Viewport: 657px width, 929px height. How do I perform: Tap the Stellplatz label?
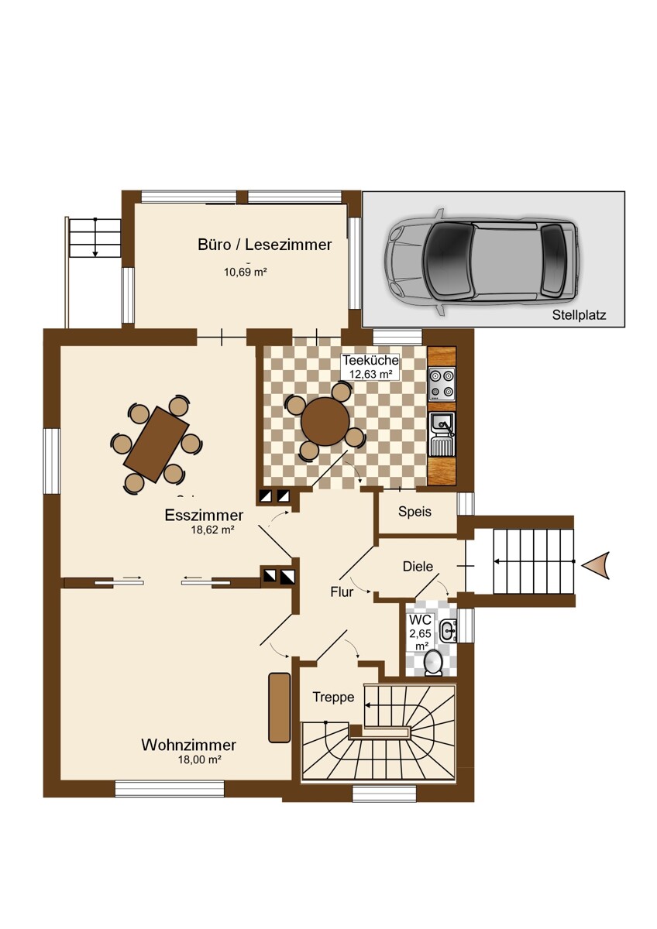579,315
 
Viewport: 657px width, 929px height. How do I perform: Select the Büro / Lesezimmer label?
265,245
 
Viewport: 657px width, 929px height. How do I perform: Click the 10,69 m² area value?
246,272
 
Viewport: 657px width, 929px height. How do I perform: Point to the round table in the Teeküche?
325,422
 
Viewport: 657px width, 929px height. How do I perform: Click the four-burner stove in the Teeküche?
442,385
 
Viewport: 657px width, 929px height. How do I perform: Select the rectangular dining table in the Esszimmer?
157,444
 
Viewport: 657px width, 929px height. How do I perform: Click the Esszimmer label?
204,516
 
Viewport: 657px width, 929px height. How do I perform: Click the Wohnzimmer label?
188,745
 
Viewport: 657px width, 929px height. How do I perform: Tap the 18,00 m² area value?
200,760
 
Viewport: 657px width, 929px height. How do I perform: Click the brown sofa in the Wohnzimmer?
279,707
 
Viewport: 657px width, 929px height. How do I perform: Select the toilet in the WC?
434,662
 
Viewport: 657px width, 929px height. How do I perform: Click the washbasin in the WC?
448,630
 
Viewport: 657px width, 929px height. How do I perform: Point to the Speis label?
414,512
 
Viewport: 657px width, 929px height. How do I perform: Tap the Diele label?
418,566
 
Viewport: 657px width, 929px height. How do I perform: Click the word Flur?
342,592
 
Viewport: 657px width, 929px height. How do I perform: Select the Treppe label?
333,697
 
